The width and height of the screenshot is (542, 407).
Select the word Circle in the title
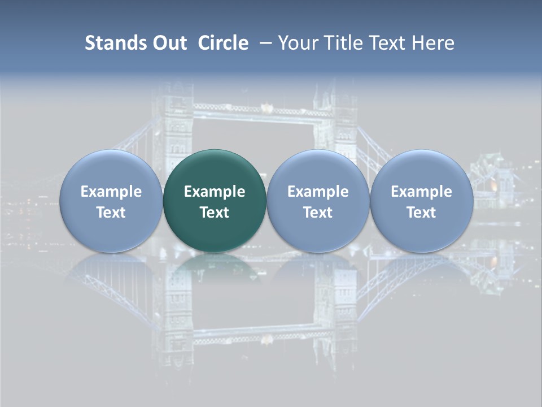[x=223, y=43]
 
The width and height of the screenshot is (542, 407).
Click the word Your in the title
[x=297, y=43]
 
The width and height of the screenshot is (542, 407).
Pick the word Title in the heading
[x=338, y=43]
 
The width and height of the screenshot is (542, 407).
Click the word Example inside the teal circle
[x=215, y=192]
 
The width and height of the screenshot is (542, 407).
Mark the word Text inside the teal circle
[x=215, y=213]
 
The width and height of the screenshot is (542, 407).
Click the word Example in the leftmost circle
[x=111, y=192]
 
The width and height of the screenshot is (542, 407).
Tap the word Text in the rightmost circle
[x=422, y=213]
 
